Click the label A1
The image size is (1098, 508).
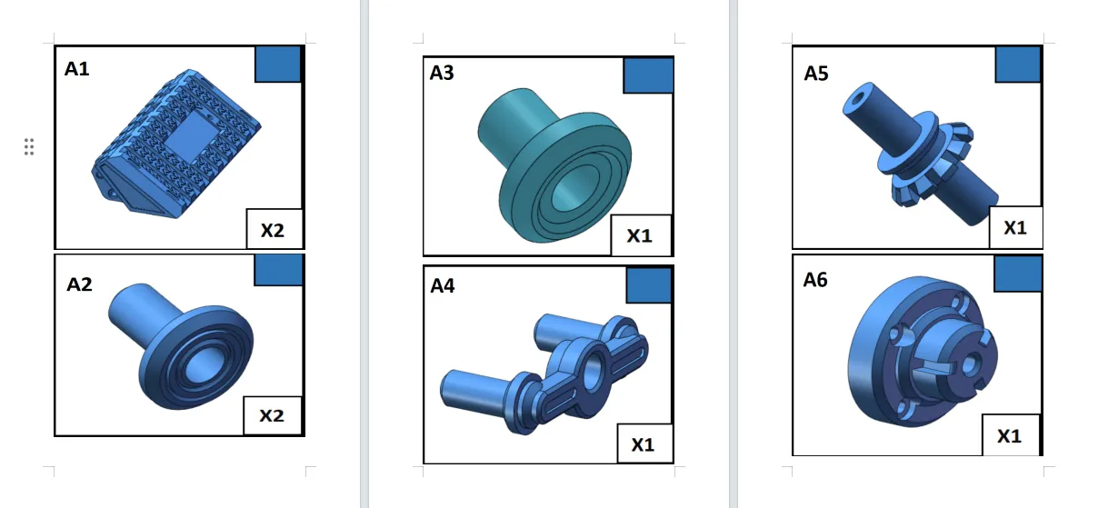77,69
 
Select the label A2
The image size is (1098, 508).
79,284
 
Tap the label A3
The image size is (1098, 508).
442,73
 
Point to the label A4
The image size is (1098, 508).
442,285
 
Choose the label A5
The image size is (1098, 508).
816,74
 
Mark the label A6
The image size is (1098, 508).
815,280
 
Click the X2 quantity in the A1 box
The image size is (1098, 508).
273,230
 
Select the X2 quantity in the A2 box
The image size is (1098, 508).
272,416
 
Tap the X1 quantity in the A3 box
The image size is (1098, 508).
640,236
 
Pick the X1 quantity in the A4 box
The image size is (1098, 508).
644,444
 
